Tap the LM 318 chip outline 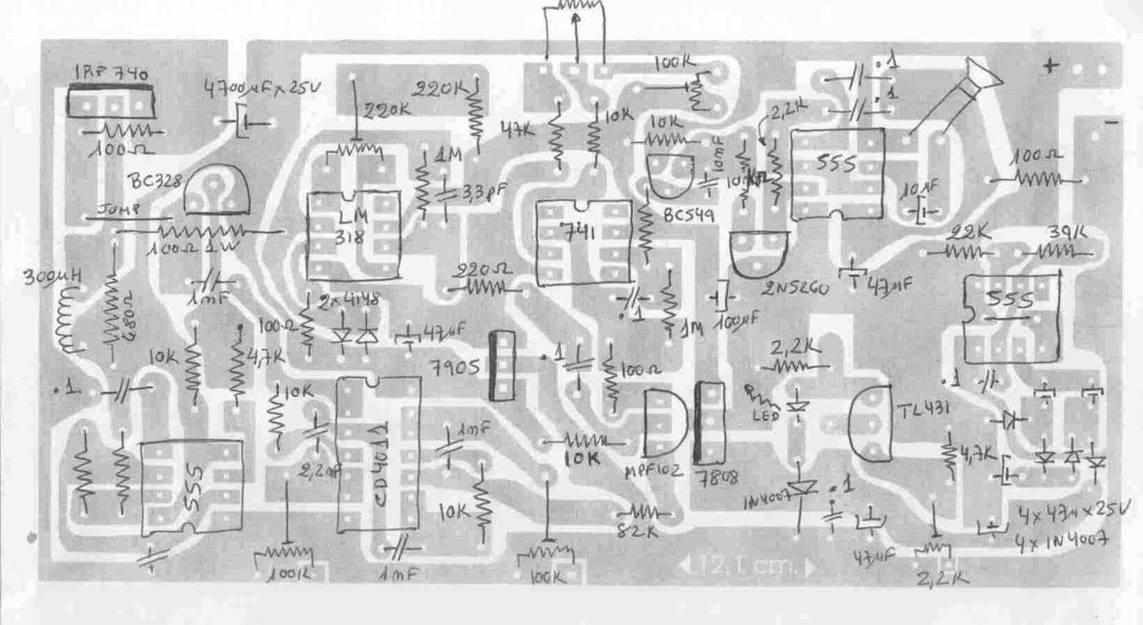tap(354, 236)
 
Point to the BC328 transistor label tap(155, 183)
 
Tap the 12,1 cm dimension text tap(746, 565)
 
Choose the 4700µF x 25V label tap(262, 89)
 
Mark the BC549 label tap(689, 216)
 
